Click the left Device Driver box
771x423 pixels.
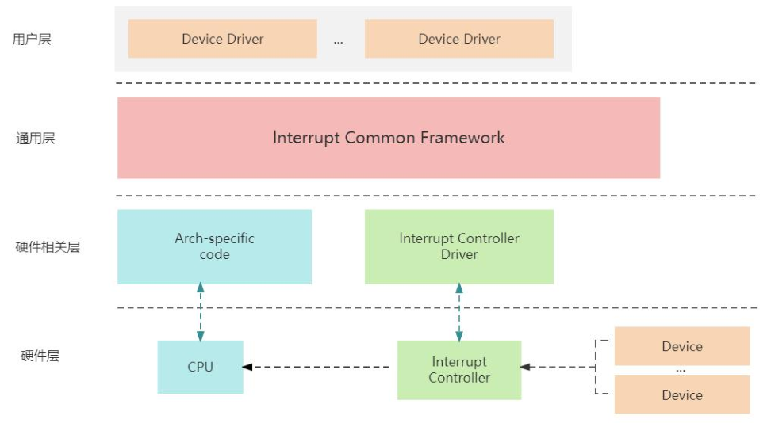pos(222,39)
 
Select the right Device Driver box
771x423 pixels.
pos(459,39)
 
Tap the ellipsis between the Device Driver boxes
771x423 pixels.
pos(339,40)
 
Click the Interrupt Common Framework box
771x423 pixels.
pos(389,138)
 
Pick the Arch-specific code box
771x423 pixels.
pos(214,246)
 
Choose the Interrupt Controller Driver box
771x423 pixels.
pos(459,246)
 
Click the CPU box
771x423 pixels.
pos(200,367)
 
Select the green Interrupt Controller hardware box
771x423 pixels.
pos(459,370)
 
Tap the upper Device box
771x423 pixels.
pos(682,346)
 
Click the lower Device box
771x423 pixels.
pos(682,394)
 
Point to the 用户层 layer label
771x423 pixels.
pos(32,39)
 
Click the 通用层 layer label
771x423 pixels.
pos(36,139)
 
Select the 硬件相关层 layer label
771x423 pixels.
pos(48,246)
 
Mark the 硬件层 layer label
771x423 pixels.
pos(40,356)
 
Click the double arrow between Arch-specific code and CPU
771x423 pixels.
pos(200,312)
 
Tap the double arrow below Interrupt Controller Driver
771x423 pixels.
pos(459,312)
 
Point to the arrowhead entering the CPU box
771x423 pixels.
pos(247,367)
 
